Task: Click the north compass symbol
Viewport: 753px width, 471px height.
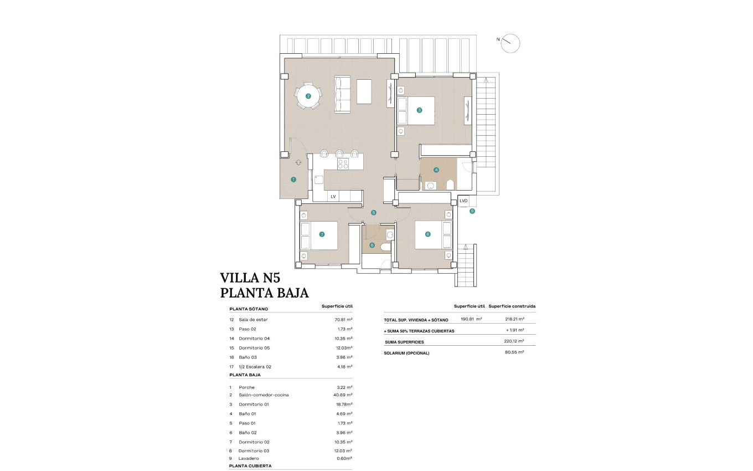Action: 510,43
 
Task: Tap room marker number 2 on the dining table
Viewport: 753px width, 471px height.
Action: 308,96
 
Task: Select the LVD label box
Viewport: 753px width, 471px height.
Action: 463,201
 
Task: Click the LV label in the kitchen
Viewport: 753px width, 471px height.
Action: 333,196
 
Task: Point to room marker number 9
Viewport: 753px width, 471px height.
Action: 472,211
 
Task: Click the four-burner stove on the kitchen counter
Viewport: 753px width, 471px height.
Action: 343,163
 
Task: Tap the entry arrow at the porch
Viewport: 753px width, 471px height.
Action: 298,162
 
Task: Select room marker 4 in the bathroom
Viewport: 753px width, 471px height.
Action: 436,170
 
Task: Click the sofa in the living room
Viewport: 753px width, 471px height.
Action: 343,95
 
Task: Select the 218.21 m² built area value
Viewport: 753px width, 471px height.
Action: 514,319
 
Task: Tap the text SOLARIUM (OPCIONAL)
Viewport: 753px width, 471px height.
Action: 406,353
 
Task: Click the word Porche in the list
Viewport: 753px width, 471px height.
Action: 246,387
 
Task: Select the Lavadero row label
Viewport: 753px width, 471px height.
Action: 249,458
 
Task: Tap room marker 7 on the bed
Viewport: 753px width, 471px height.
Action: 322,234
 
